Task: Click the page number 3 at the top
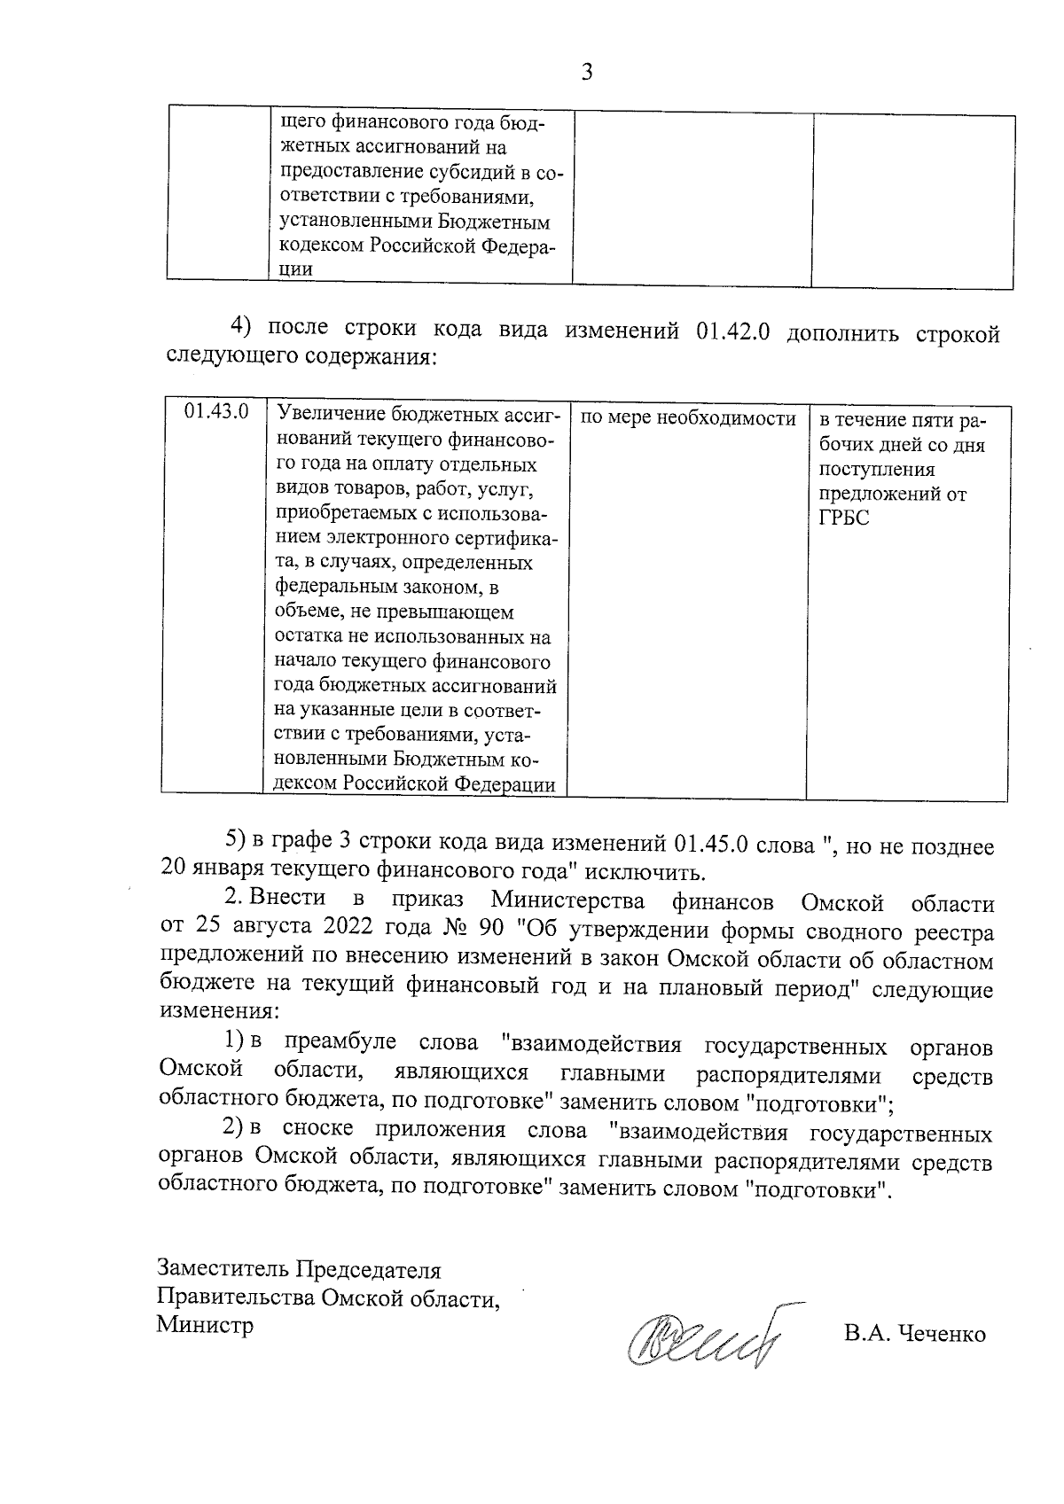click(x=586, y=72)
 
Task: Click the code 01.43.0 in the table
click(x=215, y=413)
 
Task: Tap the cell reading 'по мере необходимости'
click(x=687, y=418)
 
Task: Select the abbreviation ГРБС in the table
click(x=844, y=519)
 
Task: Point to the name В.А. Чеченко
click(x=915, y=1334)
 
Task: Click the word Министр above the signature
click(x=205, y=1325)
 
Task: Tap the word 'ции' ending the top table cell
click(x=295, y=270)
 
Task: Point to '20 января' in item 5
click(x=207, y=870)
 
